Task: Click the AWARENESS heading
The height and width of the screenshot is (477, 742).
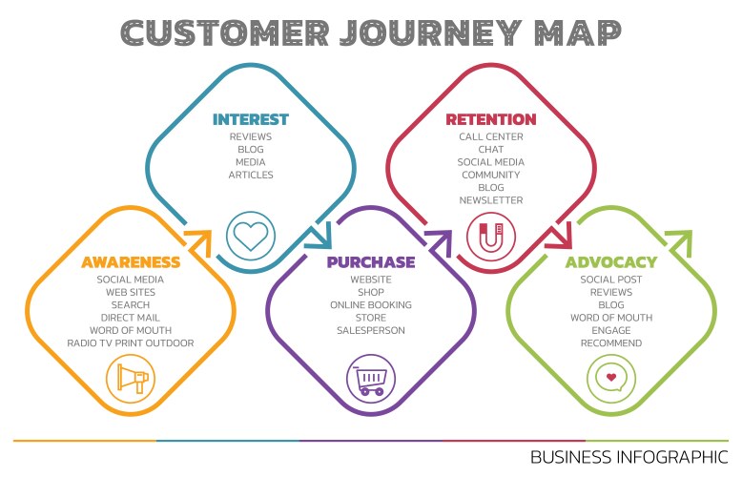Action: click(131, 261)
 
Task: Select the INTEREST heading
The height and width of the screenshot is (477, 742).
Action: click(251, 119)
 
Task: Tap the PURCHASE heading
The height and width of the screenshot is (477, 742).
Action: click(371, 261)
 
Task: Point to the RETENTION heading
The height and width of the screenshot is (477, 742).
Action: click(491, 119)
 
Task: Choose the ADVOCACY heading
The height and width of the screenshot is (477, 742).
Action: click(611, 261)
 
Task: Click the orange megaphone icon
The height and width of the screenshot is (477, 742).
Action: click(131, 379)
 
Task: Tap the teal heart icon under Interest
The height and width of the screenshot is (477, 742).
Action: click(250, 235)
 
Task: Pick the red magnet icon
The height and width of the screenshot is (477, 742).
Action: click(490, 235)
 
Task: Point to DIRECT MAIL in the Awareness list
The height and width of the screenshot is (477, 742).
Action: click(131, 318)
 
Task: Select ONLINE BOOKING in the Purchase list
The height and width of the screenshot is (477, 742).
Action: click(371, 304)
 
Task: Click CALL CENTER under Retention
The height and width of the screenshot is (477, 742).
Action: click(491, 136)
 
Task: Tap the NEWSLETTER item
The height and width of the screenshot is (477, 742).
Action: click(491, 200)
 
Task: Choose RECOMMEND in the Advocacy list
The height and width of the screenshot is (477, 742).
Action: click(611, 342)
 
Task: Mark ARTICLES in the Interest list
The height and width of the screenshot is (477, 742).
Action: click(251, 175)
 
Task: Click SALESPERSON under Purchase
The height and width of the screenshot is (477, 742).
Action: click(371, 330)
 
